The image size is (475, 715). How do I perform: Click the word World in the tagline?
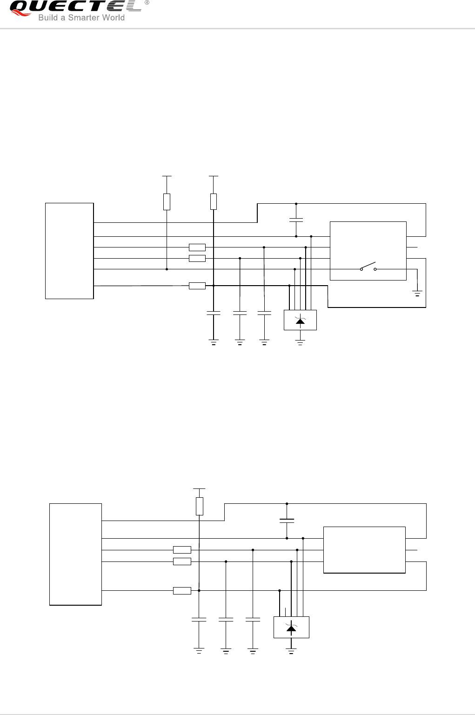115,18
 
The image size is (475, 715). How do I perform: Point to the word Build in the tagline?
48,18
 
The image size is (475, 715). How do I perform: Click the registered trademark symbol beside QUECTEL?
147,3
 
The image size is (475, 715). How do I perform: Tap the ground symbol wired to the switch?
417,294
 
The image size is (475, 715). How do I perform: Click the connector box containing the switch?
368,251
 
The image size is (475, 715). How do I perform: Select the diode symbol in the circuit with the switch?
300,320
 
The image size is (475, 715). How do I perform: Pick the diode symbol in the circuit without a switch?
291,628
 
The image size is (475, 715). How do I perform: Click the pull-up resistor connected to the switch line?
167,201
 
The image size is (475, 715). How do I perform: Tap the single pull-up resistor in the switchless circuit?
199,506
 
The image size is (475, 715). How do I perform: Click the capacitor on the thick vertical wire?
214,313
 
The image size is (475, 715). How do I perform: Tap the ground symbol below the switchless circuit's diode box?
291,651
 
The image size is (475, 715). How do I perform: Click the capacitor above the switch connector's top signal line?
296,220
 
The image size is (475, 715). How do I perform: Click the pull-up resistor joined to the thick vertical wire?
214,201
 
